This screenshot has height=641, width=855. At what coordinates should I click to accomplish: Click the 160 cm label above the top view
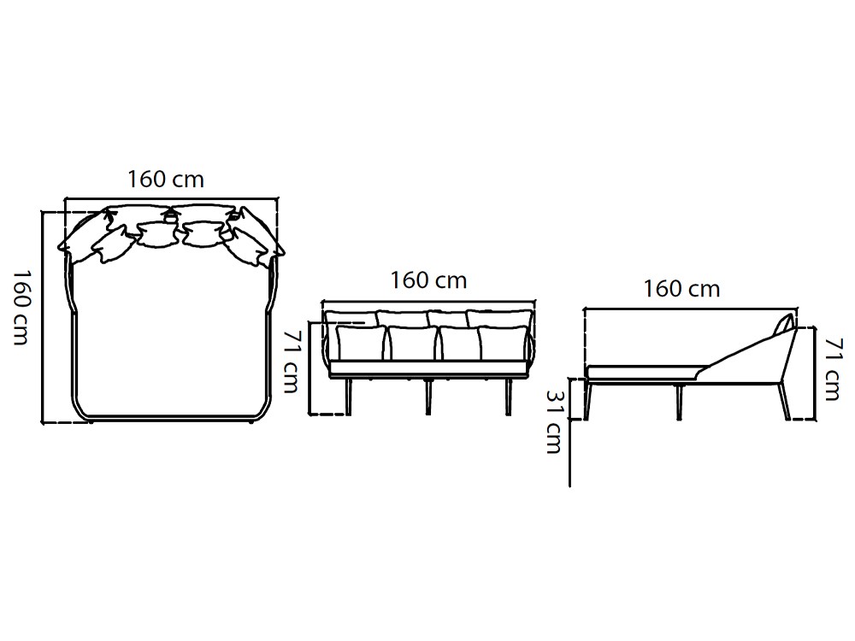tap(166, 179)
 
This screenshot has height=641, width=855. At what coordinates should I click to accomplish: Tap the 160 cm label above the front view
tap(428, 279)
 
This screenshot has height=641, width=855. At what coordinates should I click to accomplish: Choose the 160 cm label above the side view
tap(681, 288)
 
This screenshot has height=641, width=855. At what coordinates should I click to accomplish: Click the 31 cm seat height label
tap(553, 421)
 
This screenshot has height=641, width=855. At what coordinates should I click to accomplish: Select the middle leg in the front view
tap(427, 397)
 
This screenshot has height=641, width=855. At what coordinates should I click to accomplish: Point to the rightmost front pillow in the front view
tap(503, 342)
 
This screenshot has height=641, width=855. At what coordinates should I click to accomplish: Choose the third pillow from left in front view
tap(459, 343)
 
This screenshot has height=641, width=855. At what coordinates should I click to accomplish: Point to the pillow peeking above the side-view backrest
tap(782, 326)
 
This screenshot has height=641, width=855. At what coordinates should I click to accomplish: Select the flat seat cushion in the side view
tap(641, 371)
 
